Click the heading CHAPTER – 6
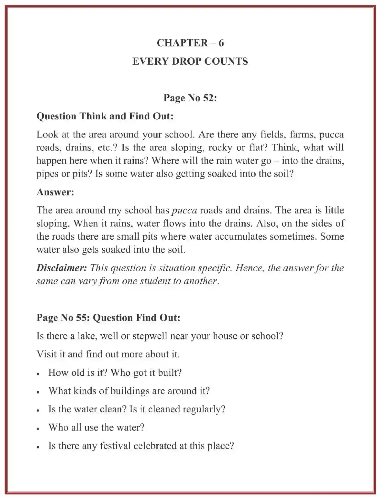point(190,43)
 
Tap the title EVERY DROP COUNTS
point(190,61)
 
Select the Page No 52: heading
point(190,98)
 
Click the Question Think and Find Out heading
point(105,116)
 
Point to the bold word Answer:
point(55,192)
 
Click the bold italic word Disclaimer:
point(62,268)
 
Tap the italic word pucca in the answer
point(184,210)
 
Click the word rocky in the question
point(220,148)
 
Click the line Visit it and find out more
point(108,354)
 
